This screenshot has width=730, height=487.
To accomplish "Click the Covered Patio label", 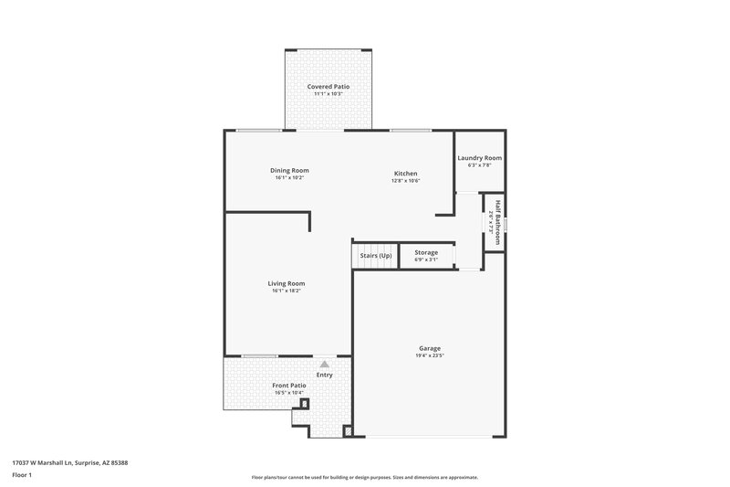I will [x=328, y=86].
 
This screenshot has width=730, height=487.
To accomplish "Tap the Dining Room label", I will [x=288, y=170].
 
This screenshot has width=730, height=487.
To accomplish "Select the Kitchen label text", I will [x=406, y=173].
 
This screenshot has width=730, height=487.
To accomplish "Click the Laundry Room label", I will [x=479, y=158].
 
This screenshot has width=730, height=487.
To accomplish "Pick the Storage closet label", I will [x=426, y=252].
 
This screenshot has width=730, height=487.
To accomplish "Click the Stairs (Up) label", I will [x=375, y=254].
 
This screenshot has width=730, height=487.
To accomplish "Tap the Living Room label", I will [x=287, y=283].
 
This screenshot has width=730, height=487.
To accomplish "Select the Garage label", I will [x=430, y=348].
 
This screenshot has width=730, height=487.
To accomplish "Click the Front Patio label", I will [x=289, y=386].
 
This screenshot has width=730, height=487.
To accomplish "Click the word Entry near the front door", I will [x=325, y=375].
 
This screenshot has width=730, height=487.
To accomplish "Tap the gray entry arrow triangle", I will [x=324, y=363].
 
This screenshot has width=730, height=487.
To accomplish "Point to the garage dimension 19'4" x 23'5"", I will [x=430, y=355].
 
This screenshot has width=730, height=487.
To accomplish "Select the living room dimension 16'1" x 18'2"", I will [x=287, y=291].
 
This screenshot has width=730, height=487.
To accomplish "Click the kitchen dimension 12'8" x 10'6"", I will [x=406, y=180].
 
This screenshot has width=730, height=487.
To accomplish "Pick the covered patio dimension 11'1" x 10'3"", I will [x=328, y=93].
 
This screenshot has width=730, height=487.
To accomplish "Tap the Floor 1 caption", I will [x=22, y=475].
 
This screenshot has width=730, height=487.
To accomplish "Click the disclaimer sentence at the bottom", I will [x=364, y=477].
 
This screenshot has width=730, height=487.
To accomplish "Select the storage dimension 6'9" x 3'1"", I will [x=426, y=259].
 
